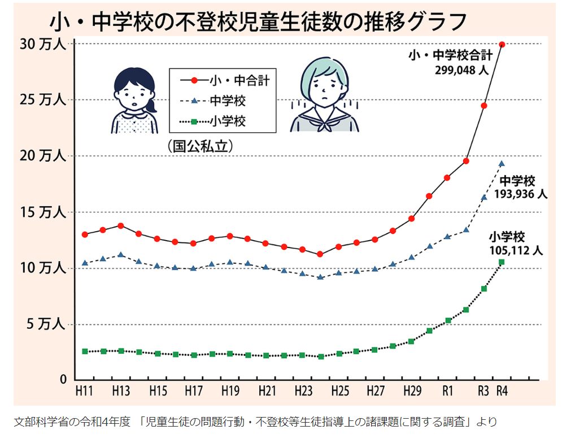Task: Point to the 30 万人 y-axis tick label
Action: [x=43, y=45]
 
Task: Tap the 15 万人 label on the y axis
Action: [x=43, y=213]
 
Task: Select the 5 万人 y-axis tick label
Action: [x=46, y=325]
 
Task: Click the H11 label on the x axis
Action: [x=85, y=390]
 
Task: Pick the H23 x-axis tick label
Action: [x=303, y=390]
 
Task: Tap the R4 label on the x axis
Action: [x=502, y=390]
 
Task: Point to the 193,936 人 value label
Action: [x=521, y=194]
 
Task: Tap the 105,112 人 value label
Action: [x=516, y=250]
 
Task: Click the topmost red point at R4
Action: [x=502, y=45]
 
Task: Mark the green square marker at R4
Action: [x=502, y=262]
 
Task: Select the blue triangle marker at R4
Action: [x=502, y=163]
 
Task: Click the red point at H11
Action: [x=85, y=234]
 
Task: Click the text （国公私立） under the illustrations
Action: [x=200, y=146]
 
